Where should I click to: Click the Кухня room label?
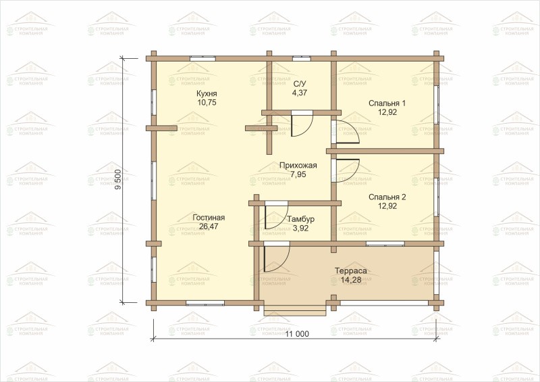point(207,94)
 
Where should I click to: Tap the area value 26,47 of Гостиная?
point(209,226)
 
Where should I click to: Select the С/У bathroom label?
point(300,84)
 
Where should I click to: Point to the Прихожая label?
point(298,165)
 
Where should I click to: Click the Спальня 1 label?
point(387,103)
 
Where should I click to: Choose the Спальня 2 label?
point(387,197)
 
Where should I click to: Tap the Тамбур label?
point(300,219)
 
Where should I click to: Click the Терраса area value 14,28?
point(351,279)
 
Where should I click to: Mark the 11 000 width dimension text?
point(297,334)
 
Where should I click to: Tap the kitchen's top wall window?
point(203,58)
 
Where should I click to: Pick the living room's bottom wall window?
point(205,303)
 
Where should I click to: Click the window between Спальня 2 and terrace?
point(385,243)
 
